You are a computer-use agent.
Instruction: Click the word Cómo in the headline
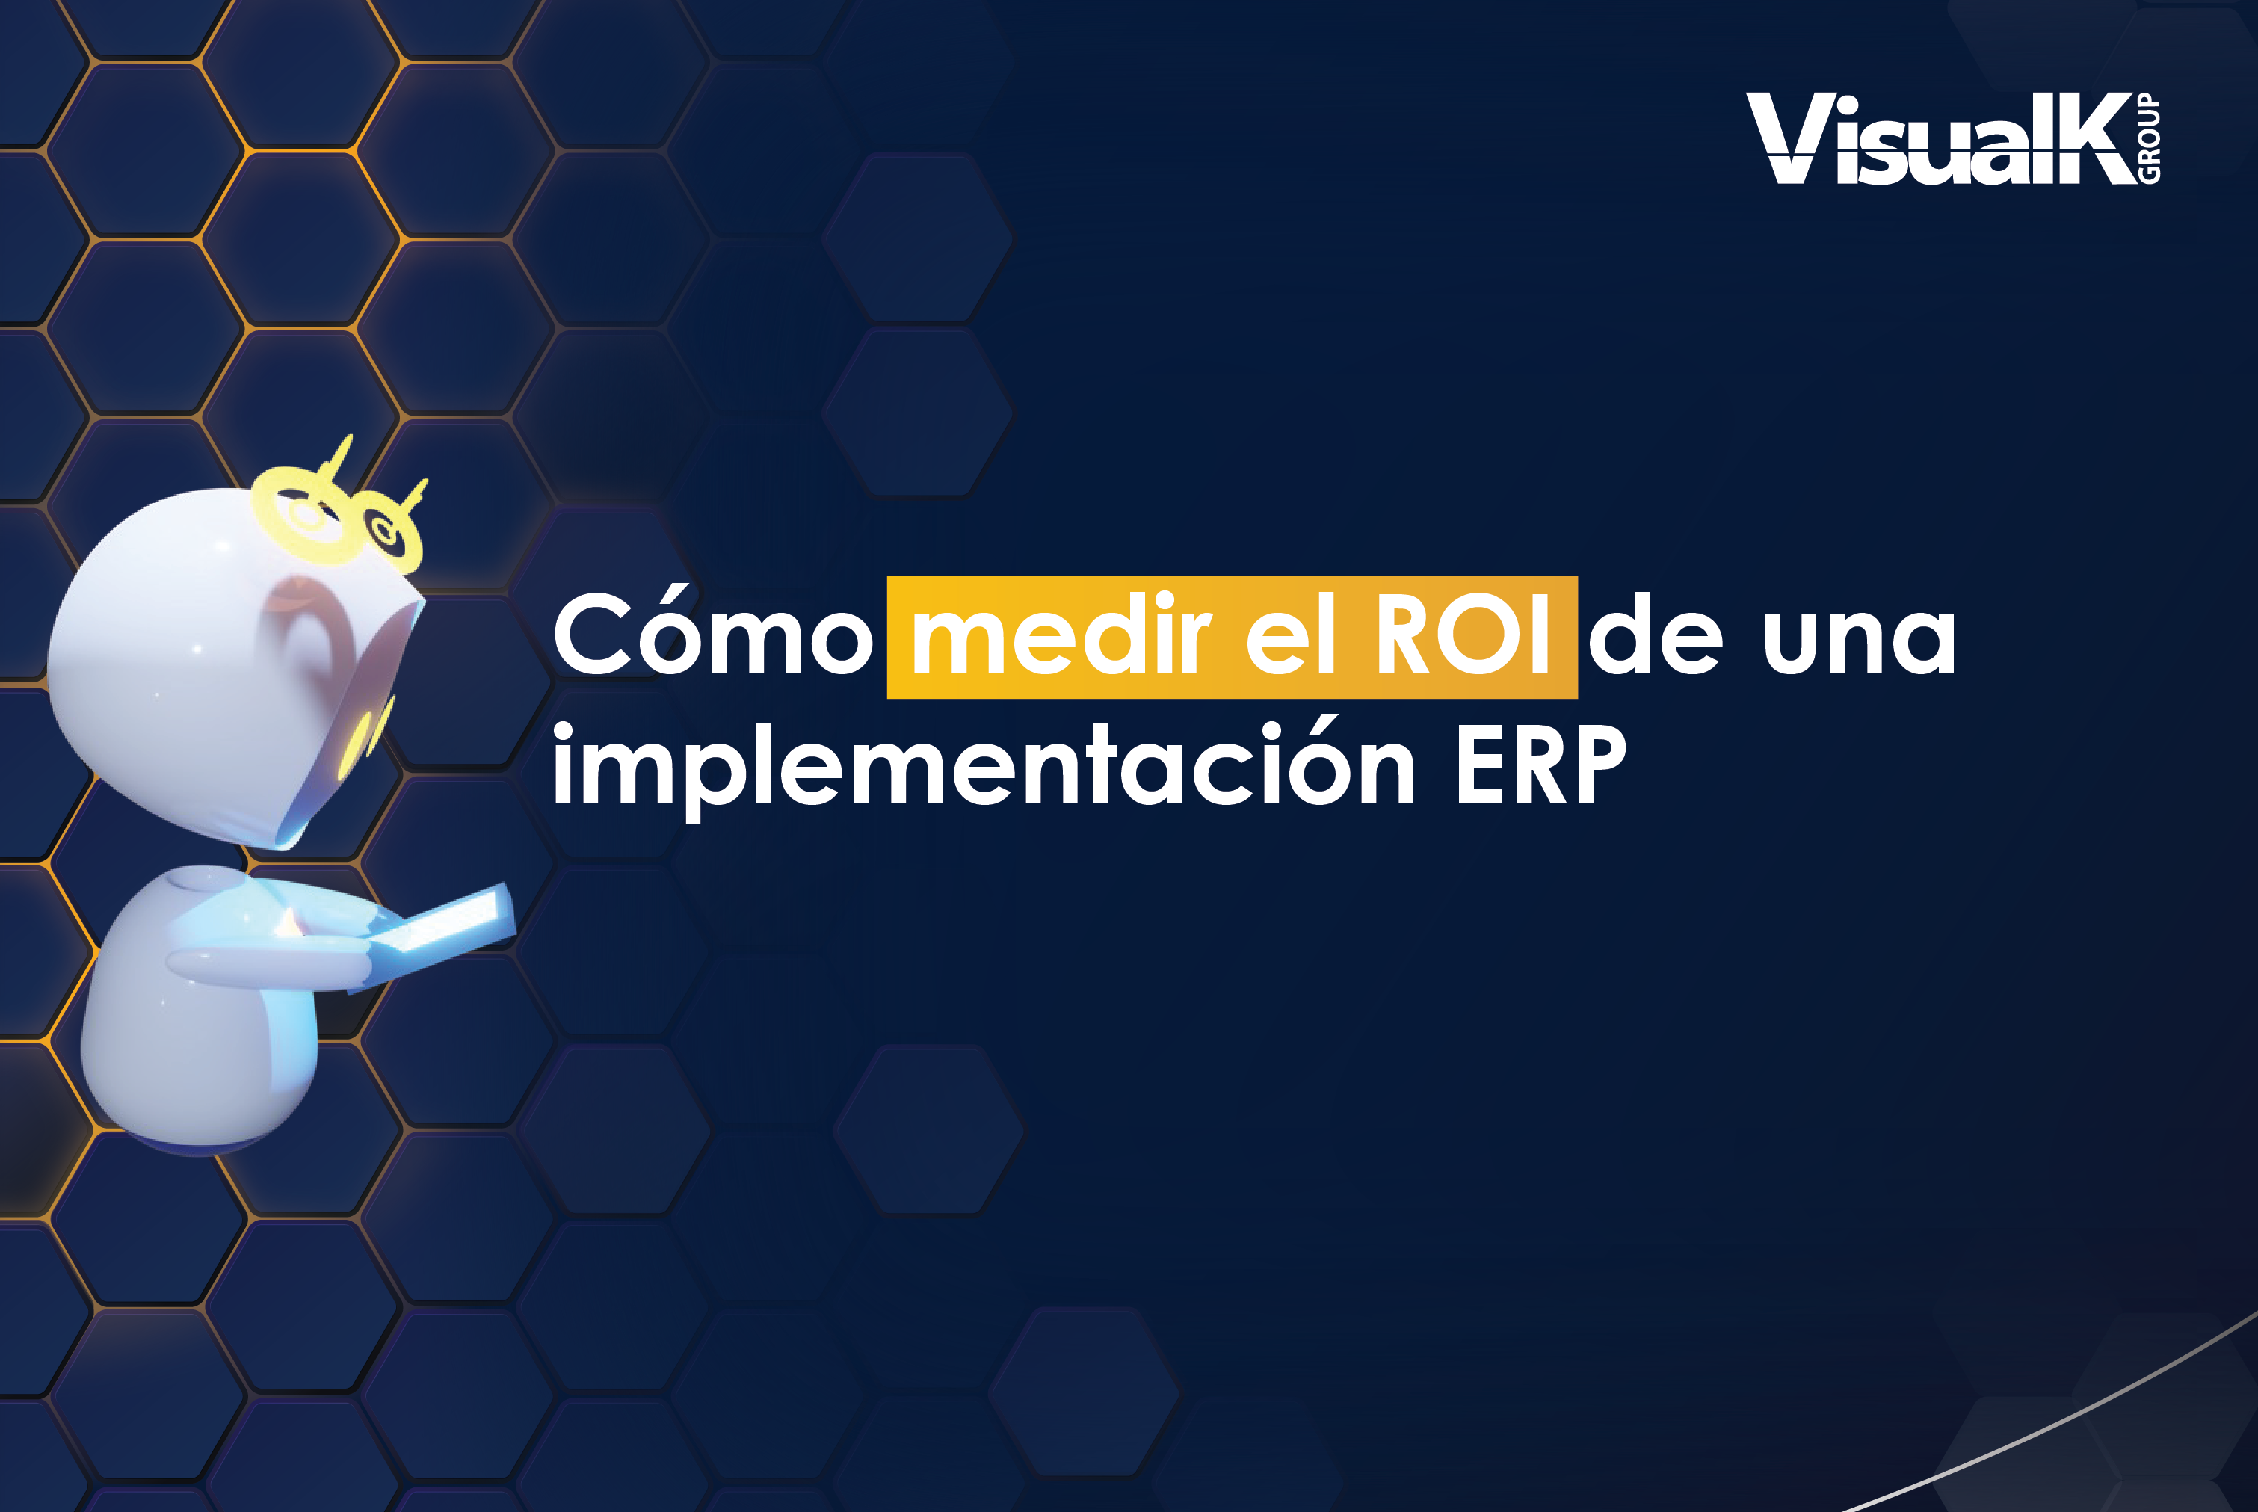[x=712, y=637]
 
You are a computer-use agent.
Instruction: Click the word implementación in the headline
[x=984, y=767]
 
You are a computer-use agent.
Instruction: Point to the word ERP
[x=1540, y=767]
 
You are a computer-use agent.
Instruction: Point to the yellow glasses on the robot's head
[x=337, y=516]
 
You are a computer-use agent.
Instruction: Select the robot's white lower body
[x=193, y=1051]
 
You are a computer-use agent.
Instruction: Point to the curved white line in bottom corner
[x=2073, y=1418]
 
